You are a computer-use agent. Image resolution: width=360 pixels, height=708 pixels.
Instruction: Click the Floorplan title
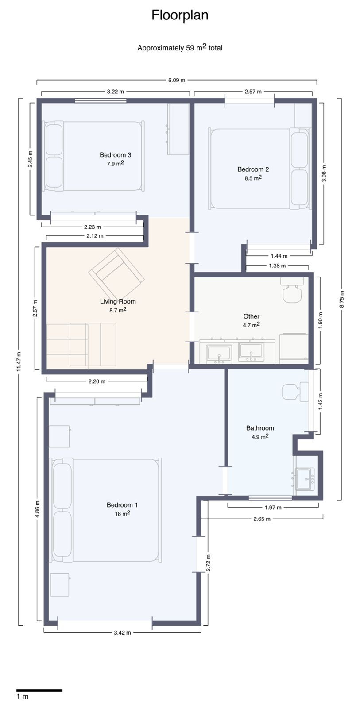click(180, 15)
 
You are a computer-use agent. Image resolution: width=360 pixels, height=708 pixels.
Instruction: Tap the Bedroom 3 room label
click(115, 155)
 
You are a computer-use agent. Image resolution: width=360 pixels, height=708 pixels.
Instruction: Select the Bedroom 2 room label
click(253, 169)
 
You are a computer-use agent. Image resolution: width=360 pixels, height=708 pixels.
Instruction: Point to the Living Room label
click(118, 301)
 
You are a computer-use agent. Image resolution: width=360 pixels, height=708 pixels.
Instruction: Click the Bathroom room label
click(260, 428)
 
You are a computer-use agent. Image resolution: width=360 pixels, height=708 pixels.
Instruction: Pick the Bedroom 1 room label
click(122, 505)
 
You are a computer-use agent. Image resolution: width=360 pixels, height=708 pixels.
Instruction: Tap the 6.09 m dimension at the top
click(177, 80)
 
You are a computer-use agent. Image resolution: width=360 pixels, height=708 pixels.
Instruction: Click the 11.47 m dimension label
click(19, 362)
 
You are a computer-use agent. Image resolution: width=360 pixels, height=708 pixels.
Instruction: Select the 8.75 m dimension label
click(342, 299)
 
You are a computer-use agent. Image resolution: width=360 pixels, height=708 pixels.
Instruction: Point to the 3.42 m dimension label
click(122, 632)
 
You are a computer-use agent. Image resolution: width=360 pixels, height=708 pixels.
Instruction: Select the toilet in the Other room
click(293, 290)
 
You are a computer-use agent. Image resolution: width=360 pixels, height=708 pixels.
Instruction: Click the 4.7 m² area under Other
click(252, 325)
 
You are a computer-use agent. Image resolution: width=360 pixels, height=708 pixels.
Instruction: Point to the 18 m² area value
click(122, 514)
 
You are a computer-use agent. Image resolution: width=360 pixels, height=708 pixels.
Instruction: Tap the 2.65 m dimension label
click(262, 519)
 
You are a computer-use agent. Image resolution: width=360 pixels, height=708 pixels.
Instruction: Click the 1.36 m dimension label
click(277, 266)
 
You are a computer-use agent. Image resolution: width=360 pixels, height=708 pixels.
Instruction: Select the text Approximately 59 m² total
click(180, 48)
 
